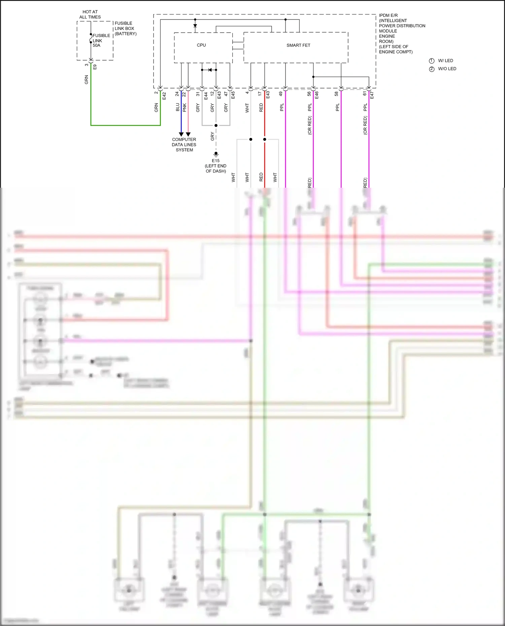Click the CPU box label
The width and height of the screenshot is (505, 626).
coord(201,45)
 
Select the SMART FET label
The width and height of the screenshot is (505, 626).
coord(298,45)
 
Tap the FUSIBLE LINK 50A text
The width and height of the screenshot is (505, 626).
coord(101,40)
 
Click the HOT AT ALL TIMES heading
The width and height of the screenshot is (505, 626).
coord(90,14)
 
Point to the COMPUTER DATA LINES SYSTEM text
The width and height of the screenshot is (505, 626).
coord(184,145)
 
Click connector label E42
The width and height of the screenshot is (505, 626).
coord(164,96)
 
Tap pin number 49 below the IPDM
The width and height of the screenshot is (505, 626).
coord(281,94)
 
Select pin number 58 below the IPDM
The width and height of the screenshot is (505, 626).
coord(336,94)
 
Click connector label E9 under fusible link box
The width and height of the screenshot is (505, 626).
coord(95,67)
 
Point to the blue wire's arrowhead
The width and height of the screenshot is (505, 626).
coord(181,134)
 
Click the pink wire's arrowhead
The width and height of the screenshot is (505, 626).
coord(188,134)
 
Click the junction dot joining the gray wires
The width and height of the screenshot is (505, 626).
coord(216,125)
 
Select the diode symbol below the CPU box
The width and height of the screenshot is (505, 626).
coord(210,70)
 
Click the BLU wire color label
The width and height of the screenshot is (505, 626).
coord(177,107)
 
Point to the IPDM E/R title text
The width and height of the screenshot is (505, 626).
coord(388,15)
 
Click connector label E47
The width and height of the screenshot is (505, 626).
coord(372,96)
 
